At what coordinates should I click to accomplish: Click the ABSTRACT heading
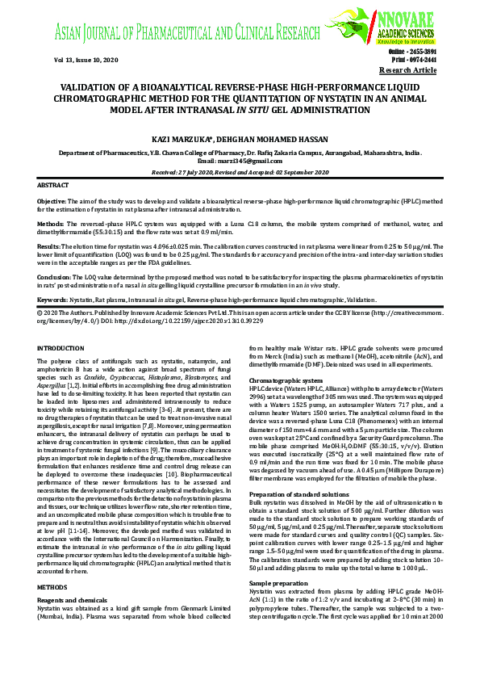pos(53,185)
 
